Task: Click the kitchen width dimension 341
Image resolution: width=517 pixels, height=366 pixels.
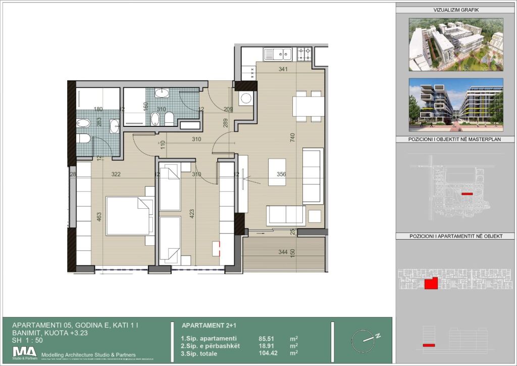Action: point(283,69)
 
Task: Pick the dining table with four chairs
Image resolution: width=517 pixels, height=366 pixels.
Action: point(309,106)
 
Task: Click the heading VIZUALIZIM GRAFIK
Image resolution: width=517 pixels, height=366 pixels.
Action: point(456,10)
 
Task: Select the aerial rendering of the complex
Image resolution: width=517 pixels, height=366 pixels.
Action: point(456,44)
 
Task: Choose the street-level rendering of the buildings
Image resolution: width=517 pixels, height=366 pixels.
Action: point(456,105)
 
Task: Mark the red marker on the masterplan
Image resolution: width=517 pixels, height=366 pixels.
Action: point(467,194)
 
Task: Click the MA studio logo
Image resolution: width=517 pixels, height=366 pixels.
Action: point(25,352)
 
